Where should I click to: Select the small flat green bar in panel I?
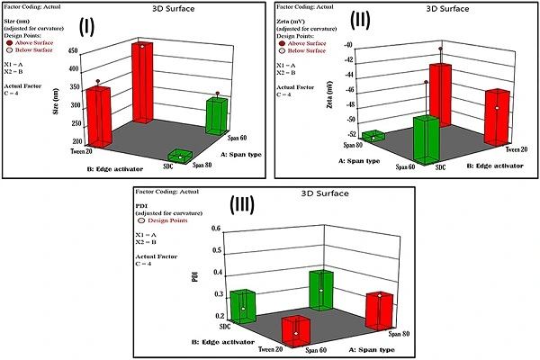coord(180,156)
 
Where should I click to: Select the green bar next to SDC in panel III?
coord(243,306)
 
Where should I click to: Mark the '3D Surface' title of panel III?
coord(274,193)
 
